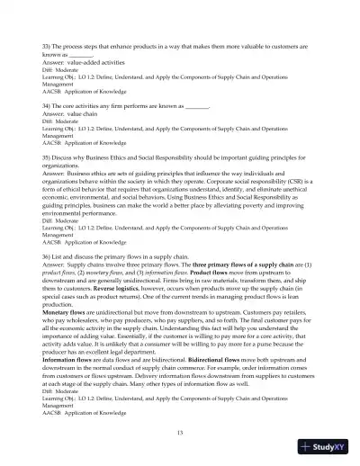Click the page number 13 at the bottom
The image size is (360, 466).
(179, 433)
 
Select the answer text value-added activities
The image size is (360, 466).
(101, 60)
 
